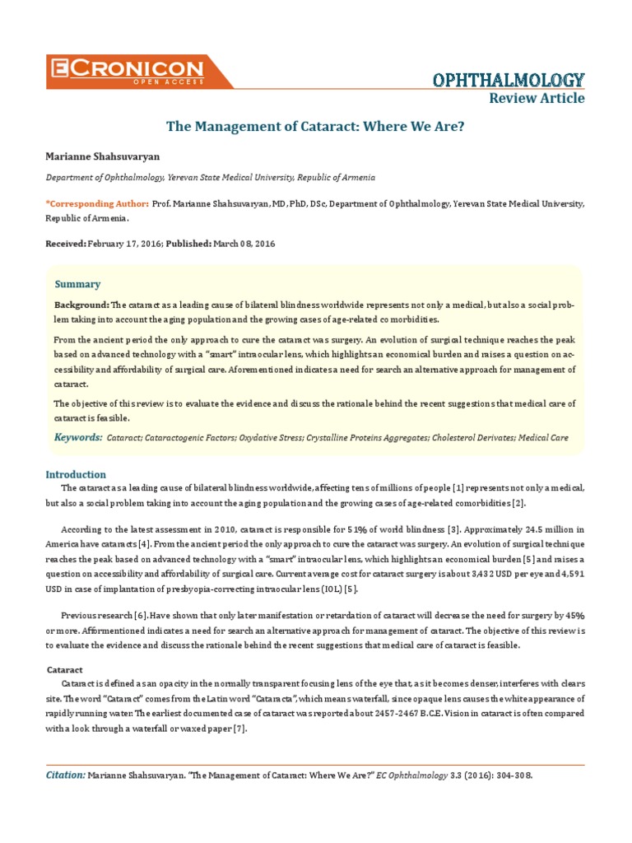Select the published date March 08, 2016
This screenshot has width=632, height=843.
(x=244, y=245)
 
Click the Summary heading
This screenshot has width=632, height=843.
(x=77, y=284)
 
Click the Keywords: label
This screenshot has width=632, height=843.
(x=77, y=437)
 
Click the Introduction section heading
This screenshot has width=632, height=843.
(x=76, y=474)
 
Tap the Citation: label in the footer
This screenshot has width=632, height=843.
(x=65, y=775)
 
